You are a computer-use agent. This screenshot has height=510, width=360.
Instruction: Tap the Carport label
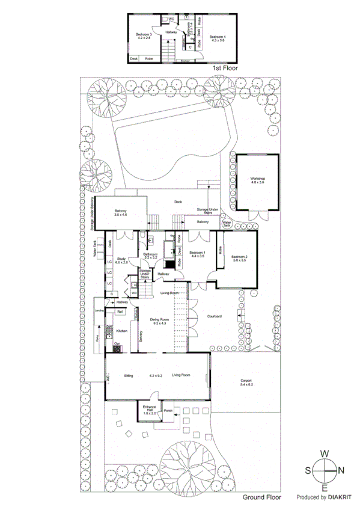246,381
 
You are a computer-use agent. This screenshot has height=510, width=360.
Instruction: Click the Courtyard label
215,316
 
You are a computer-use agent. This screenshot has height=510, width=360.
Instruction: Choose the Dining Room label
159,321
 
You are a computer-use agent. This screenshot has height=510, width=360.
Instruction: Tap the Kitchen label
122,331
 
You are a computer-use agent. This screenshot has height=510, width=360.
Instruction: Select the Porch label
168,412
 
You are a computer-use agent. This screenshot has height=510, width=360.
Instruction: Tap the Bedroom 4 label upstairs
217,38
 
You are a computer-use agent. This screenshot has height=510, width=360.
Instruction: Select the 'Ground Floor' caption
262,498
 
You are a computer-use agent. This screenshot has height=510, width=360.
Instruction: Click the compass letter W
324,453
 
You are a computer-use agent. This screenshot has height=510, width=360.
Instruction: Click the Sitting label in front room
128,375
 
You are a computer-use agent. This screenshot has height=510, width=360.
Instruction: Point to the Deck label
178,202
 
